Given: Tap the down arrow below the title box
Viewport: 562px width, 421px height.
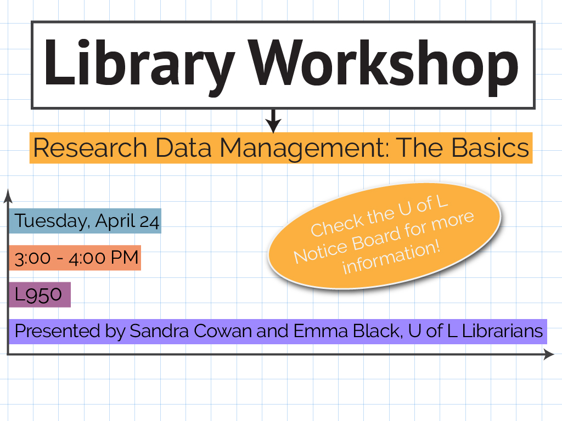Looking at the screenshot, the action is tap(273, 121).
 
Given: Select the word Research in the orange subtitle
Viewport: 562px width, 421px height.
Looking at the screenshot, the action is tap(90, 148).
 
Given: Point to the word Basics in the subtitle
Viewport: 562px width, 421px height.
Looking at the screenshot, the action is tap(490, 148).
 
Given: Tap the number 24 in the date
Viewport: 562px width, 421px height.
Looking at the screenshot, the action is tap(149, 222).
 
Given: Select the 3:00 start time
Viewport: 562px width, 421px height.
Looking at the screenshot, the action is tap(32, 258).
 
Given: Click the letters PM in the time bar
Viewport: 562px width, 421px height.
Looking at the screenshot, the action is tap(125, 258).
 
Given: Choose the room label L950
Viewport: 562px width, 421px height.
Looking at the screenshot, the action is tap(38, 295).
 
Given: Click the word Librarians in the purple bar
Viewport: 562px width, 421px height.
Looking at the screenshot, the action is tap(503, 331).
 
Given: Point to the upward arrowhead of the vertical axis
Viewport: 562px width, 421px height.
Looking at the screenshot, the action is tap(8, 196).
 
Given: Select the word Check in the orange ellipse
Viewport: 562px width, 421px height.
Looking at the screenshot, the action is tap(338, 224).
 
